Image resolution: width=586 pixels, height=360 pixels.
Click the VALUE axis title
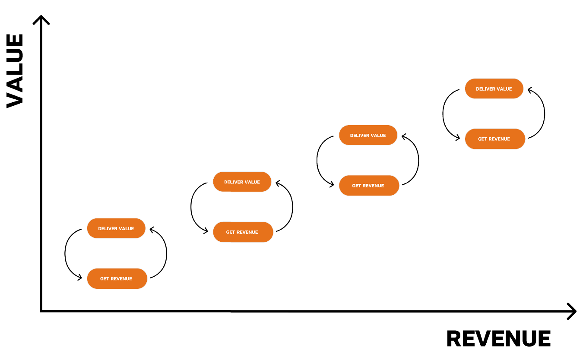click(15, 71)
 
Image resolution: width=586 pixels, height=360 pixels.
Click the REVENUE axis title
click(498, 339)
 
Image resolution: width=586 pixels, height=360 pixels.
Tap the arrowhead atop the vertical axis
click(41, 19)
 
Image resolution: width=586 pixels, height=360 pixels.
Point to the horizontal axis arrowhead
click(572, 311)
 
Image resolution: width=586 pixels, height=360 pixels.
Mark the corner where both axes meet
click(41, 311)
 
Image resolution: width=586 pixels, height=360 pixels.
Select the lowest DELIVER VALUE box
click(116, 228)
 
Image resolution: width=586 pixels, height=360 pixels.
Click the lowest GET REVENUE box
click(117, 278)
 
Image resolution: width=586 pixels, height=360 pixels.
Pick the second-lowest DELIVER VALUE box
click(242, 182)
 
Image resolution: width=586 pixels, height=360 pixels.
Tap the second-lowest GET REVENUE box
click(243, 232)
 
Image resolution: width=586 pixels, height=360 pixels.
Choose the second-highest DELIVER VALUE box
click(368, 135)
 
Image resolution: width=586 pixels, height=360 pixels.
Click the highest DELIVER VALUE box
click(494, 88)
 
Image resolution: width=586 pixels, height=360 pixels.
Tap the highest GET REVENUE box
click(495, 139)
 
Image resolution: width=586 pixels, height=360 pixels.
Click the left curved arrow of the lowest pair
click(66, 254)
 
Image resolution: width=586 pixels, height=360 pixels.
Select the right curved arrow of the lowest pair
click(166, 254)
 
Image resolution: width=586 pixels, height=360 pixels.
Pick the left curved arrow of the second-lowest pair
click(191, 207)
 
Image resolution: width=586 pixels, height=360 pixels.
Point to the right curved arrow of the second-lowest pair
click(292, 207)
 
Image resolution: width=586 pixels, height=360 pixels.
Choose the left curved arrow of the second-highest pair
click(317, 161)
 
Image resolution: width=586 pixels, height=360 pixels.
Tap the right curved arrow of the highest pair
click(544, 114)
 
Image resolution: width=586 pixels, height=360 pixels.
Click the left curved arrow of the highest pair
click(443, 114)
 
